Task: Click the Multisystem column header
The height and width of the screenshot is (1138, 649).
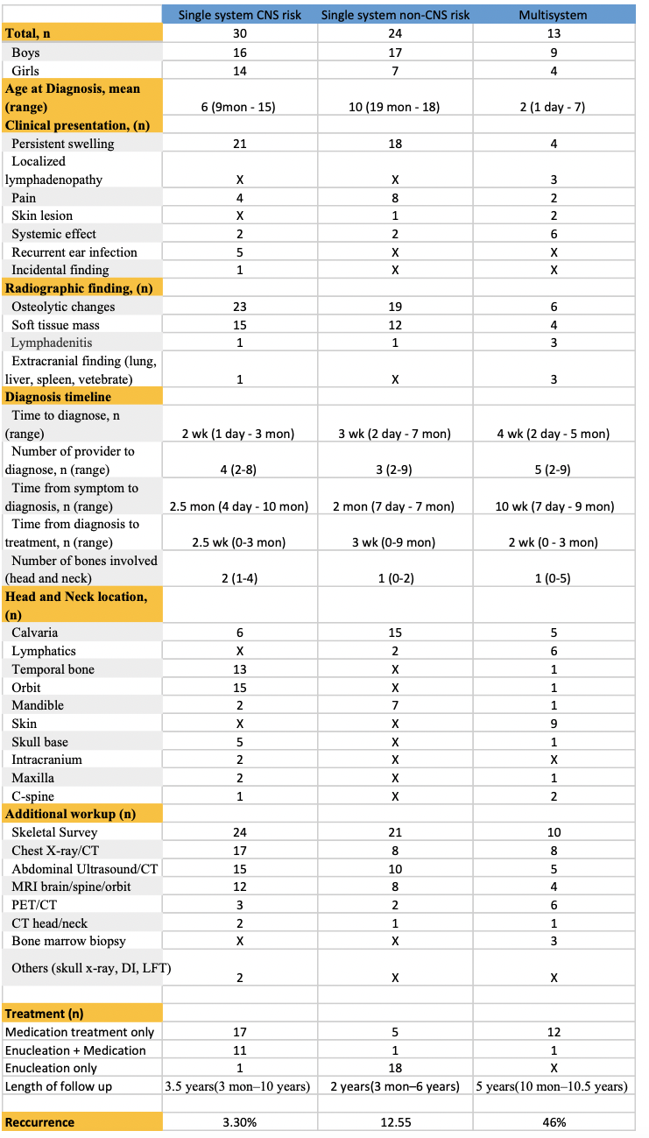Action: point(553,15)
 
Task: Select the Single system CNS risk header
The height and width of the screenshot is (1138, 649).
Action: point(240,15)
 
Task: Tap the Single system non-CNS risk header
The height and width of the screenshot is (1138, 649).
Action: point(395,15)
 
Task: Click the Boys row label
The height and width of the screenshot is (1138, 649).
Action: point(25,53)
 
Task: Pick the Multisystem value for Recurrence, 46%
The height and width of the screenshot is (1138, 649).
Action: point(553,1122)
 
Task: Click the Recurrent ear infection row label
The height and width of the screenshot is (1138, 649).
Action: point(74,252)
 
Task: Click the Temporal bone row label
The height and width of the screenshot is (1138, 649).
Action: point(53,669)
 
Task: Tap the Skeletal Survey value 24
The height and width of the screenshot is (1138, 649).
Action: point(240,832)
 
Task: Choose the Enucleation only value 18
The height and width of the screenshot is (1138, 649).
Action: point(395,1068)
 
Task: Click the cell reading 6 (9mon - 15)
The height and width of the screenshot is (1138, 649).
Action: point(240,107)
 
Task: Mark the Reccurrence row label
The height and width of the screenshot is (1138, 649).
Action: point(39,1122)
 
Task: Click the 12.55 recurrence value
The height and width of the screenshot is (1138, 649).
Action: point(395,1122)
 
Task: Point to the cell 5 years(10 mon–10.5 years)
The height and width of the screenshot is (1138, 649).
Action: point(553,1086)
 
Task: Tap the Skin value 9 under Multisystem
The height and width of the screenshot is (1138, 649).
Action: point(553,724)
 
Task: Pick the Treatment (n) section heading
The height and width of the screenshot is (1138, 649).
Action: point(46,1014)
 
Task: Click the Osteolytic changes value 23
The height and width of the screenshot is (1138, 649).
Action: point(240,307)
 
